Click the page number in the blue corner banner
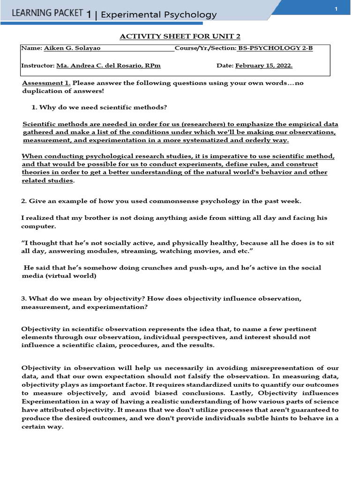click(x=336, y=10)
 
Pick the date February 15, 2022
click(x=267, y=66)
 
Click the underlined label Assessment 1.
click(x=46, y=83)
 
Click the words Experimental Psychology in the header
click(x=158, y=15)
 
